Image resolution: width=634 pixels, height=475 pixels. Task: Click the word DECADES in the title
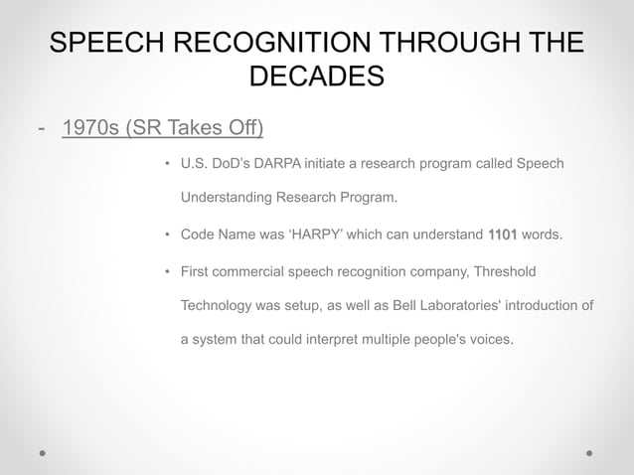pyautogui.click(x=316, y=77)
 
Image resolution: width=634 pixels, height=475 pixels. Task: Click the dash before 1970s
pyautogui.click(x=40, y=128)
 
